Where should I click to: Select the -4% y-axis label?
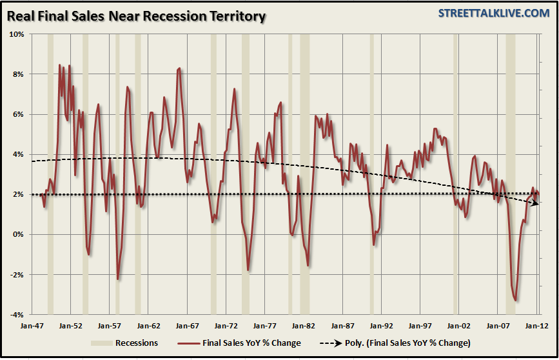click(x=17, y=315)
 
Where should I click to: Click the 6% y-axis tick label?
click(x=18, y=114)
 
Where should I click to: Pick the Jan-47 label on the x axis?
click(x=30, y=326)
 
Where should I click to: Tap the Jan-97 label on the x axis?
click(x=420, y=326)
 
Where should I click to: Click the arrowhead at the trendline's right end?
click(x=537, y=203)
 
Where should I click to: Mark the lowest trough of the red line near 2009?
click(x=515, y=300)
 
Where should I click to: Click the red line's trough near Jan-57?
click(x=118, y=279)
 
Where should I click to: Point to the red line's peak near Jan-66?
click(x=179, y=68)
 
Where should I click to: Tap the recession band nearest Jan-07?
click(x=511, y=174)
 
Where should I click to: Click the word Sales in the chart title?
click(x=83, y=15)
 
